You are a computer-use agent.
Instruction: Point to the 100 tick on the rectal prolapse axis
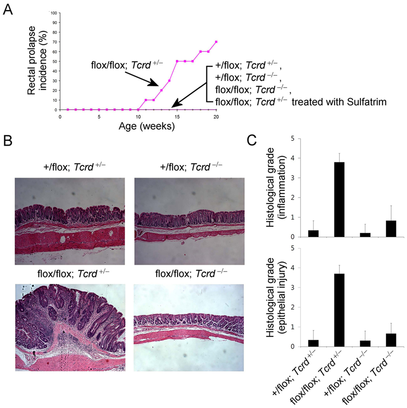click(x=54, y=13)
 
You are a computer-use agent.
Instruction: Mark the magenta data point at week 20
click(x=216, y=42)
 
